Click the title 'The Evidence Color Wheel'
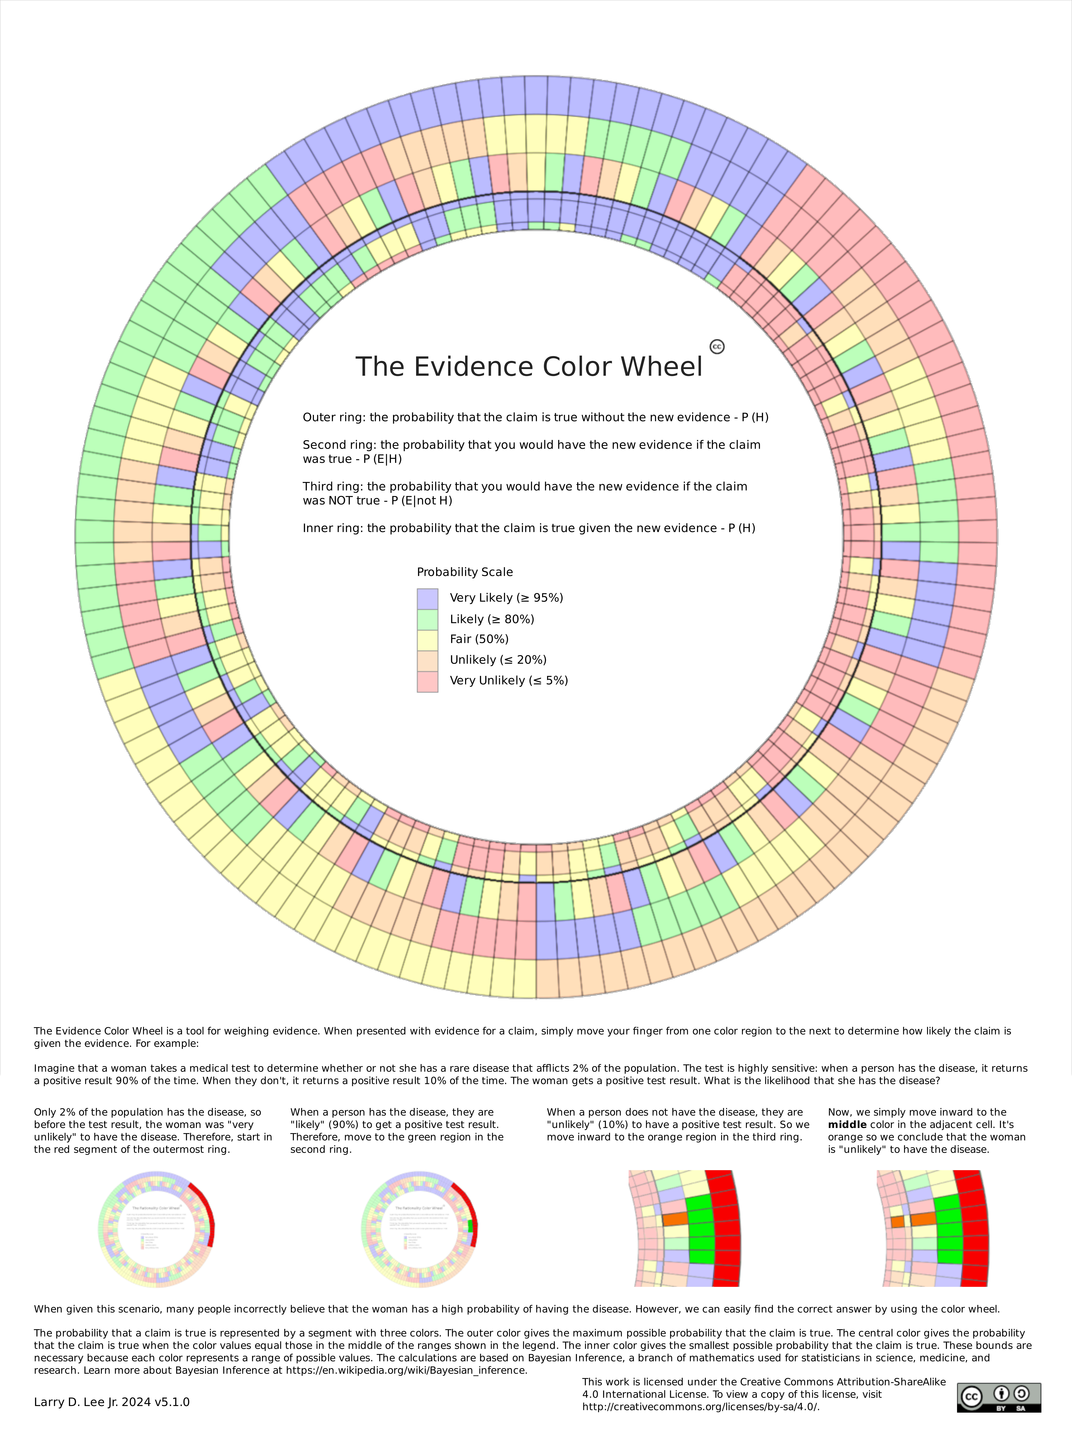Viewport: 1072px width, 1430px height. click(x=529, y=367)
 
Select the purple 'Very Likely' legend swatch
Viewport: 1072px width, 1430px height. click(x=427, y=598)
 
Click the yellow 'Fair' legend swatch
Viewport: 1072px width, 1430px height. click(x=427, y=639)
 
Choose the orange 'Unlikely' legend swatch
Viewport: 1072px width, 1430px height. click(x=427, y=660)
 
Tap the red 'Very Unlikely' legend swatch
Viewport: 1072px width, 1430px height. click(x=427, y=681)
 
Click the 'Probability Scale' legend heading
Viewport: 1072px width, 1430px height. click(x=465, y=572)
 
